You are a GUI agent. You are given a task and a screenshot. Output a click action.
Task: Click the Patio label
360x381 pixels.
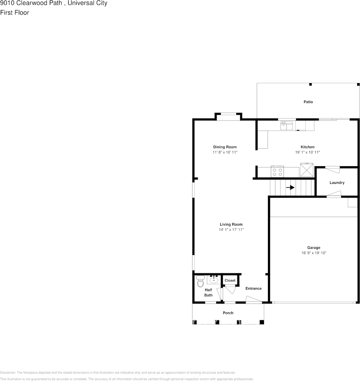(x=308, y=102)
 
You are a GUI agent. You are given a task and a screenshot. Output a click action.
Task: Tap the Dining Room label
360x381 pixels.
(x=225, y=147)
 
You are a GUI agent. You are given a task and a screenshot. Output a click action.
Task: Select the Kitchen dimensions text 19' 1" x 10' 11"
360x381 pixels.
(x=307, y=153)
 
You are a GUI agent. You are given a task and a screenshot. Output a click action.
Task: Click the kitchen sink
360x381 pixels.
(x=287, y=126)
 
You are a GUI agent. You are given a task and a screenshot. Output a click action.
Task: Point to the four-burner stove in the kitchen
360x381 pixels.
(x=277, y=172)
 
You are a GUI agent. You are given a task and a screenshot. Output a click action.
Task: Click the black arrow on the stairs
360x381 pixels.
(x=290, y=187)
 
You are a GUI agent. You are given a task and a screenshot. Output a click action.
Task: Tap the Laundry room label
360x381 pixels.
(x=337, y=183)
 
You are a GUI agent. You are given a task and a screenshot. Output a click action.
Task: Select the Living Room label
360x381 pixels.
(x=231, y=224)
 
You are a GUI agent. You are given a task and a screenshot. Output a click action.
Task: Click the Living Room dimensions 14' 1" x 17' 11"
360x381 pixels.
(x=231, y=230)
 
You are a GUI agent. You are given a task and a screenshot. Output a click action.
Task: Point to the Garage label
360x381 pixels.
(x=314, y=248)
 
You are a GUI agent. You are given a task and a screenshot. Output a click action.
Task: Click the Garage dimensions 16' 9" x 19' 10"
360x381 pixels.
(x=314, y=253)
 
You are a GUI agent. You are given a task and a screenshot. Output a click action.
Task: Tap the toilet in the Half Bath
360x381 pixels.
(x=200, y=282)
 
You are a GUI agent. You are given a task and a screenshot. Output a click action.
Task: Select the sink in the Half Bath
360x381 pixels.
(x=214, y=279)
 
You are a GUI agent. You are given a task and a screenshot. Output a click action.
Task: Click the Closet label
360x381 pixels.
(x=230, y=280)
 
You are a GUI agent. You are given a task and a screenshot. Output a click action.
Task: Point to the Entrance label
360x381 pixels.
(x=254, y=288)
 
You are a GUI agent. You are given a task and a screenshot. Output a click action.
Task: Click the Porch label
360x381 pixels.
(x=228, y=313)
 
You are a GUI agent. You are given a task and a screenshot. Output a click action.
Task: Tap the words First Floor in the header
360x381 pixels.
(x=15, y=12)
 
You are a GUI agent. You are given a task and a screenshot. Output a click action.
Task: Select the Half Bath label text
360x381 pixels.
(x=209, y=293)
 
